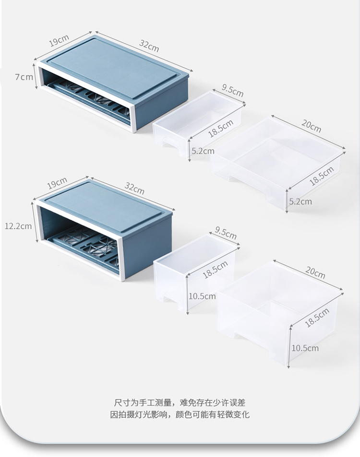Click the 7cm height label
point(24,77)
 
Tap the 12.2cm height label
point(18,226)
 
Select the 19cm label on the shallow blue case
point(59,40)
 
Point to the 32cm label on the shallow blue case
point(149,46)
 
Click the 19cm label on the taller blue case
point(57,183)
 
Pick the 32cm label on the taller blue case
point(134,188)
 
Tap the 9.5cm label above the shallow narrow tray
point(232,90)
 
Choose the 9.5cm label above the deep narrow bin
point(226,233)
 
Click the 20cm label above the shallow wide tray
point(311,126)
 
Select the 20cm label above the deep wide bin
point(315,272)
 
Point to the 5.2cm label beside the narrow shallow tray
point(203,151)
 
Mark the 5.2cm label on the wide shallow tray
point(300,201)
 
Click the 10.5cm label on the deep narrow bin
point(202,296)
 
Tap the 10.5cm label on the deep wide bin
point(305,348)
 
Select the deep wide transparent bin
point(280,312)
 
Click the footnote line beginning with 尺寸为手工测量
point(180,403)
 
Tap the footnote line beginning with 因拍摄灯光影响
point(180,414)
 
